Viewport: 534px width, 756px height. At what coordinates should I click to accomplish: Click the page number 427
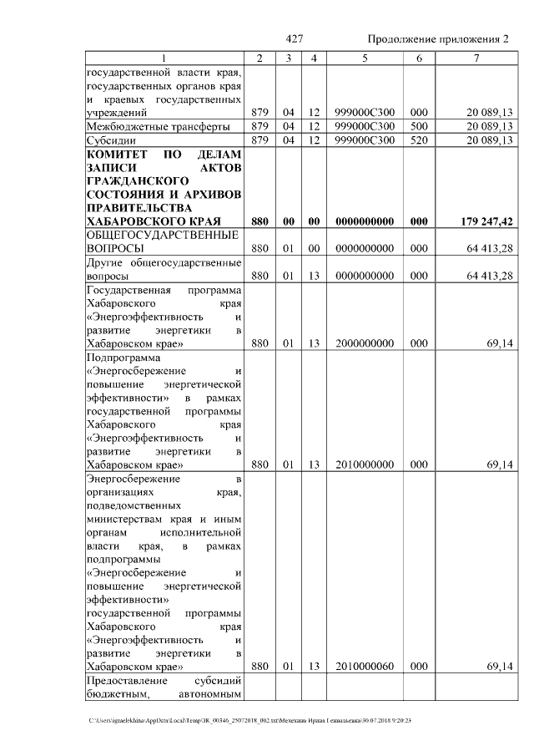click(294, 39)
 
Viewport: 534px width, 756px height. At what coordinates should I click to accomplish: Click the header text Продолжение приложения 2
click(438, 39)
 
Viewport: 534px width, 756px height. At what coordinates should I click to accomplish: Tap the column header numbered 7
click(476, 58)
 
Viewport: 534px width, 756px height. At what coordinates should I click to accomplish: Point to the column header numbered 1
click(164, 58)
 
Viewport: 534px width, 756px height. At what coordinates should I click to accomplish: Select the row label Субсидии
click(112, 140)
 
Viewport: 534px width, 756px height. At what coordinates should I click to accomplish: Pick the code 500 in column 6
click(419, 126)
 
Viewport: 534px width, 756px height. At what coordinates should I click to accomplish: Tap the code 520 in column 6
click(419, 140)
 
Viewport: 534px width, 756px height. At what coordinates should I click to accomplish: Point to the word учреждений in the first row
click(118, 112)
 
